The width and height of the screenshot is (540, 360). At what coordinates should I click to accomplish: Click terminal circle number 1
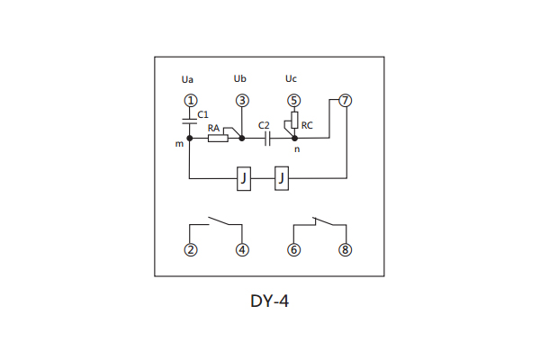click(189, 100)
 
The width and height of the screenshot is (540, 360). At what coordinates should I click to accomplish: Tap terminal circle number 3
click(241, 100)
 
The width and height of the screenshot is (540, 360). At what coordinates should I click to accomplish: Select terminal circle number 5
click(293, 100)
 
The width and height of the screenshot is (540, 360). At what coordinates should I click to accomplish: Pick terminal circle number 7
click(346, 100)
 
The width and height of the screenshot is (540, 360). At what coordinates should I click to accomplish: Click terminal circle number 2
click(190, 250)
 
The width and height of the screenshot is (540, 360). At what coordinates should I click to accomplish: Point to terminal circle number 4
click(241, 250)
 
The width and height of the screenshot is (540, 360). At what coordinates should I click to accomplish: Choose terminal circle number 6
click(293, 250)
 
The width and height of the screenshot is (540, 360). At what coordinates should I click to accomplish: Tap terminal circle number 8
click(346, 250)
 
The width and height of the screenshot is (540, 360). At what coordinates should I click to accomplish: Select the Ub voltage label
click(238, 79)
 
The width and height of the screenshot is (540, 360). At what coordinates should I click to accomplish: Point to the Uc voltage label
click(290, 79)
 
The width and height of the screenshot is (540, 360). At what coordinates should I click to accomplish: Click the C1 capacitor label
click(203, 115)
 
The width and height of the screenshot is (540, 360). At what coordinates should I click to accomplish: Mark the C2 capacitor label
click(264, 126)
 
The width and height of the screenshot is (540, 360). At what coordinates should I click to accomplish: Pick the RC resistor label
click(308, 125)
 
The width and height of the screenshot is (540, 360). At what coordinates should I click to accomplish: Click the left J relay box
click(243, 180)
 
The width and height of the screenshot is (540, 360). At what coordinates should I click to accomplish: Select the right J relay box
click(283, 180)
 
